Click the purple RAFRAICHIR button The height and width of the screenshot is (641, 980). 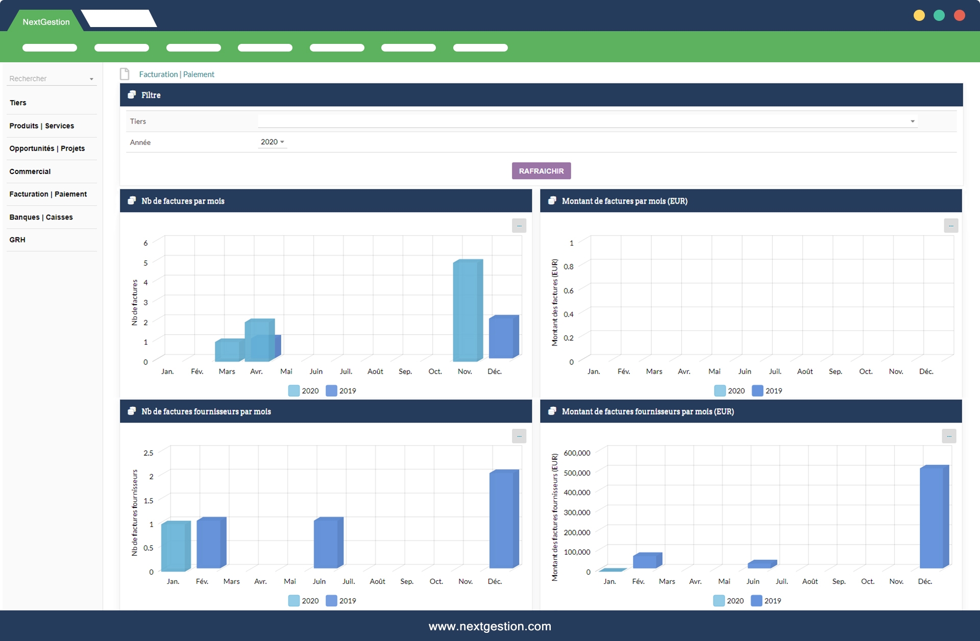(541, 171)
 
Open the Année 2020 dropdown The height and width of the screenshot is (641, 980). (273, 142)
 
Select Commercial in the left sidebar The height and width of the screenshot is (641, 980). (30, 171)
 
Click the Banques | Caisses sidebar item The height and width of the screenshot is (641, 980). (41, 217)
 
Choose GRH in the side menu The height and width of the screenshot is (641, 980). (17, 240)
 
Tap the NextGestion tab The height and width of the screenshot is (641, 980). (46, 22)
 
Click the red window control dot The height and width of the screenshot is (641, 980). (959, 15)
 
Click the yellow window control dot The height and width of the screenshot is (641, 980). (919, 15)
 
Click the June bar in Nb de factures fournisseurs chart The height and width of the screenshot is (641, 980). (327, 543)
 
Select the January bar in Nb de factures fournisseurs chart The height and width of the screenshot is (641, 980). (175, 546)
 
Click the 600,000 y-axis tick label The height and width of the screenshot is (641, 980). (577, 453)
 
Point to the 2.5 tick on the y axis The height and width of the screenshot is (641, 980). (148, 453)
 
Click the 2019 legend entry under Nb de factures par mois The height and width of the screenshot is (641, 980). (341, 391)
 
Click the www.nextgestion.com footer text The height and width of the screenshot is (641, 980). (490, 626)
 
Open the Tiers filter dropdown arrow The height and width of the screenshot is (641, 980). (912, 121)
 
